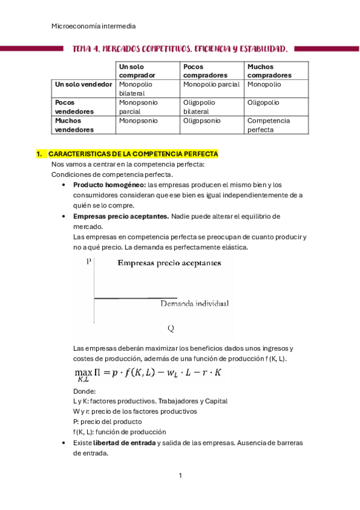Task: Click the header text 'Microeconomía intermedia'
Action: (94, 26)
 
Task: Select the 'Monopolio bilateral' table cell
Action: (136, 89)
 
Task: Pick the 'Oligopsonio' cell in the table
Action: (202, 121)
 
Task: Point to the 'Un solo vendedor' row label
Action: (83, 85)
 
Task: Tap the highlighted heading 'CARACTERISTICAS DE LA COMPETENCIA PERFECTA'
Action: (133, 155)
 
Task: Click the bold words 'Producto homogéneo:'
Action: (109, 185)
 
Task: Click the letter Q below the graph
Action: (171, 328)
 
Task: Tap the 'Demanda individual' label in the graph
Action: (194, 304)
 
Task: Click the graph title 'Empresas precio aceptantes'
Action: (168, 262)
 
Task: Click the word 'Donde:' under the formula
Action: (84, 391)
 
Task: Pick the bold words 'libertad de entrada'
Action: (124, 443)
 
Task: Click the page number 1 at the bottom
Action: (180, 476)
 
